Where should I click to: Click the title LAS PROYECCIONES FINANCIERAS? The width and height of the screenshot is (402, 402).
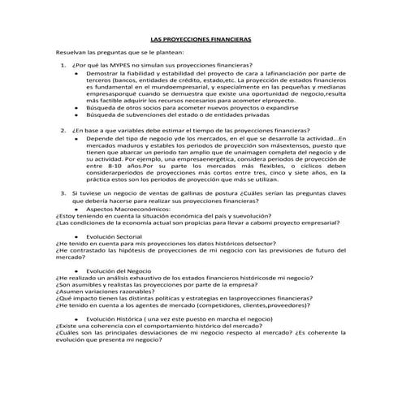coord(201,39)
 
